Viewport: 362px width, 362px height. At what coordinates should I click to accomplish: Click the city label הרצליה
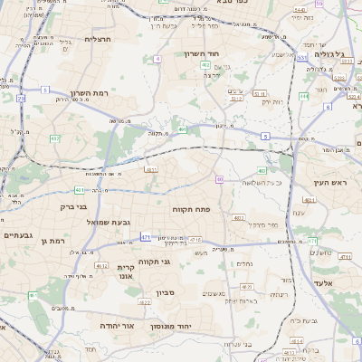coord(97,39)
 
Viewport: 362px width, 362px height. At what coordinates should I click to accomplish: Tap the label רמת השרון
coord(89,93)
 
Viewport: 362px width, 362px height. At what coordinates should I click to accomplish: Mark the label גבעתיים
coord(17,235)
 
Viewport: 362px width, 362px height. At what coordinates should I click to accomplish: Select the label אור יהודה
coord(116,325)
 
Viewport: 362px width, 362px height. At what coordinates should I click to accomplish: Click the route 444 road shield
coord(304,95)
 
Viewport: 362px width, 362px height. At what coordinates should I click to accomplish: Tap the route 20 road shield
coord(20,97)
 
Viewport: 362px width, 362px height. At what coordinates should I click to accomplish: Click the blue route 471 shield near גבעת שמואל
coord(146,237)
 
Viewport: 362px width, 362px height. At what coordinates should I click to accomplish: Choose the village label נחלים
coord(244,263)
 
